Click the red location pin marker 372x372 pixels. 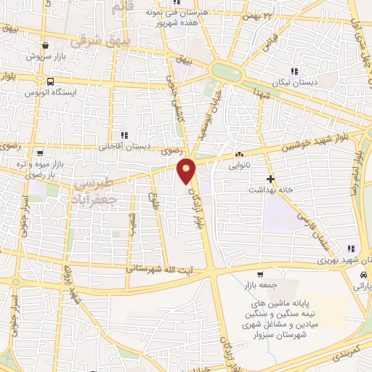(187, 171)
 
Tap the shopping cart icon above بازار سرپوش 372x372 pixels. (45, 45)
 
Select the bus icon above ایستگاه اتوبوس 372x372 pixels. (51, 81)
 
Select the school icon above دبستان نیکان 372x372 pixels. (294, 71)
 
